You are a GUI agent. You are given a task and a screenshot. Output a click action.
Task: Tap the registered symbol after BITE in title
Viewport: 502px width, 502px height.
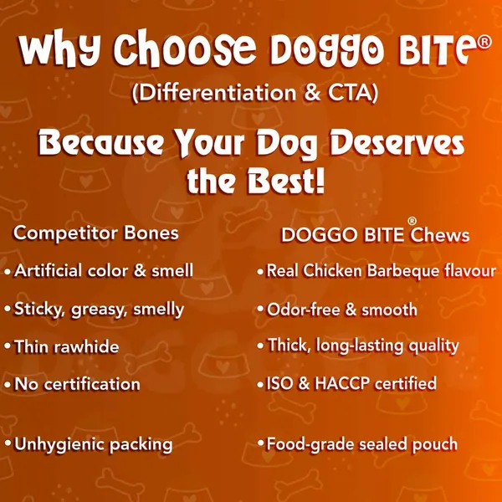point(484,43)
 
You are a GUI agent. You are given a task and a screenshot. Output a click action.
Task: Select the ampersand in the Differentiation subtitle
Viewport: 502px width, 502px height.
point(312,93)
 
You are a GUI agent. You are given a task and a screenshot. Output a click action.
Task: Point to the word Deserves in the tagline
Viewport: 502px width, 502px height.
point(397,143)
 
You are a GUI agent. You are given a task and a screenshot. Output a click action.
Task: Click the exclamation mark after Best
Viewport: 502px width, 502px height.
point(320,181)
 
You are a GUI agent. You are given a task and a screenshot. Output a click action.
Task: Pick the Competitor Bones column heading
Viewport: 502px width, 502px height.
point(96,233)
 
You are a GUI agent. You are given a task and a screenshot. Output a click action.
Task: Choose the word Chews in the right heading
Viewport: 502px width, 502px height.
point(440,234)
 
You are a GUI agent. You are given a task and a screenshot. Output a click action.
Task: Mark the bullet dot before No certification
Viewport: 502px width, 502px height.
point(8,385)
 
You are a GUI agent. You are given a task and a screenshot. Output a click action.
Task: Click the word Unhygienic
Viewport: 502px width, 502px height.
point(60,445)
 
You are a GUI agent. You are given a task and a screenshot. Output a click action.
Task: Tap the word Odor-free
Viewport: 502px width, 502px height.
point(303,310)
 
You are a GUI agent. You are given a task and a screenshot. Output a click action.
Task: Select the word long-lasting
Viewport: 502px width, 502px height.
point(360,346)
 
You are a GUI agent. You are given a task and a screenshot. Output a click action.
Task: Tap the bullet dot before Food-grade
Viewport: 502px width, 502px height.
point(260,443)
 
